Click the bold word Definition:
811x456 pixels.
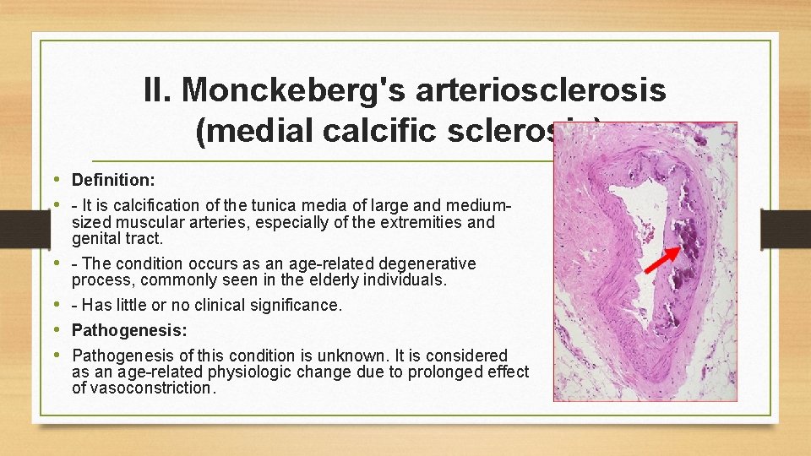113,180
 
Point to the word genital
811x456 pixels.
94,239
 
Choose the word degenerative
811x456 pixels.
427,263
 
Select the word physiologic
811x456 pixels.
252,372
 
